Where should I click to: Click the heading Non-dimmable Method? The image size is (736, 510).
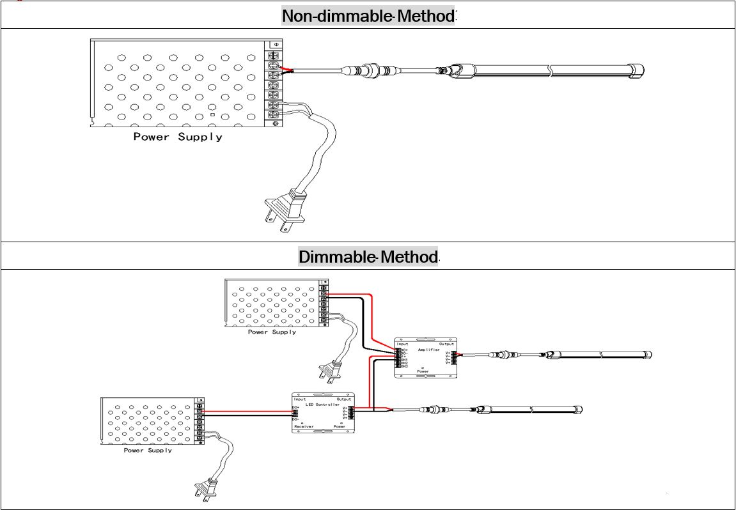coord(368,16)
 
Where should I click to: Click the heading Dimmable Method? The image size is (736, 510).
coord(368,257)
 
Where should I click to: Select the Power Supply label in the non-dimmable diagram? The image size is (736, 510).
coord(178,137)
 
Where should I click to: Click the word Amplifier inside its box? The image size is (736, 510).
coord(428,350)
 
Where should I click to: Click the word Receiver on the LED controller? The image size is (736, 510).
coord(304,426)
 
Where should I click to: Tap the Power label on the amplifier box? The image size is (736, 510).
coord(423,371)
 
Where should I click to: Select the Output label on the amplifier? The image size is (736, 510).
coord(446,344)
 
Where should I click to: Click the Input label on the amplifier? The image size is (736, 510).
coord(403,344)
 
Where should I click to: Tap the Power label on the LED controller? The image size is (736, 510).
coord(339,426)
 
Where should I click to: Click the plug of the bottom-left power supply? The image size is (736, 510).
coord(205,489)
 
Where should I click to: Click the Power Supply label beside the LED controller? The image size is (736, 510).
coord(148,451)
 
